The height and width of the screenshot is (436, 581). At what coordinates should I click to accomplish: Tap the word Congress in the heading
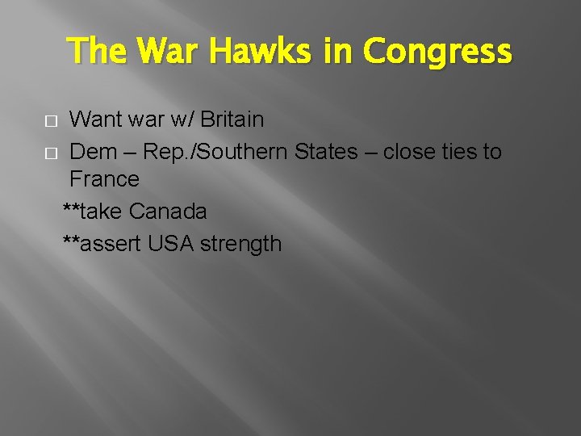[437, 52]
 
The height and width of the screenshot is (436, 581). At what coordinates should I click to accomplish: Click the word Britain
[232, 119]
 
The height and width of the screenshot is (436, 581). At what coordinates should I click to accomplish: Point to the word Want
[96, 119]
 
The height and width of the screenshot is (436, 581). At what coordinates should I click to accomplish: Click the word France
[104, 178]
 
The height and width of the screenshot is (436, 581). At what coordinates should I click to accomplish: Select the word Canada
[168, 212]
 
